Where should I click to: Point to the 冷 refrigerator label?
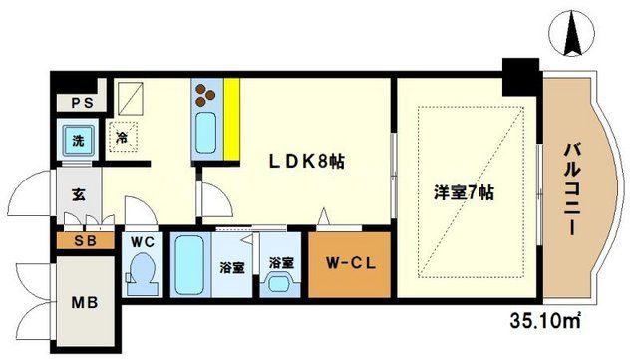coord(121,137)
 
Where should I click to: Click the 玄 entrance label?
coord(78,193)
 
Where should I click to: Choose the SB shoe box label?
coord(76,242)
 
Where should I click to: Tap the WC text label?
coord(139,240)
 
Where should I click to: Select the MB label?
coord(76,300)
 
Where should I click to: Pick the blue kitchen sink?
coord(207,132)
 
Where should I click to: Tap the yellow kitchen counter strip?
coord(230,118)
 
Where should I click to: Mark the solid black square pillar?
coord(518,74)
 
